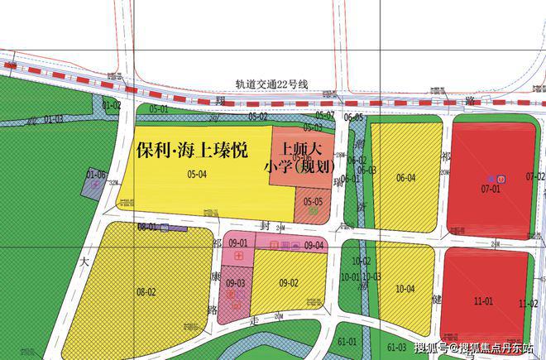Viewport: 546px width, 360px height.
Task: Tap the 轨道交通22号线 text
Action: tap(271, 84)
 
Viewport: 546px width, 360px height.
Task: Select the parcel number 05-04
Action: tap(197, 174)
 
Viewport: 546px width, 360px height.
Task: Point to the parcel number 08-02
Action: tap(146, 291)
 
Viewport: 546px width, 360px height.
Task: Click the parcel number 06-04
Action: tap(405, 178)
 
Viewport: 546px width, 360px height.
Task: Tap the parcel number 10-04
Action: tap(405, 289)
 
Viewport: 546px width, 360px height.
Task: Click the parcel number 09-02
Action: tap(289, 283)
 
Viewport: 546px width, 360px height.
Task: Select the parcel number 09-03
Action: tap(236, 283)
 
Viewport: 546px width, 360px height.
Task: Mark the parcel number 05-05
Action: tap(313, 201)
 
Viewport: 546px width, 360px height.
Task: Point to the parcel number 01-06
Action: tap(96, 174)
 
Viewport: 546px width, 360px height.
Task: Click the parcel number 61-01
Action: tap(347, 341)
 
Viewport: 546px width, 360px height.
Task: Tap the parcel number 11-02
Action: tap(528, 305)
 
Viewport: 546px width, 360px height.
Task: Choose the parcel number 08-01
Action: tap(146, 226)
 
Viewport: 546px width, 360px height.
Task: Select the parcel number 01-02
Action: tap(112, 105)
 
